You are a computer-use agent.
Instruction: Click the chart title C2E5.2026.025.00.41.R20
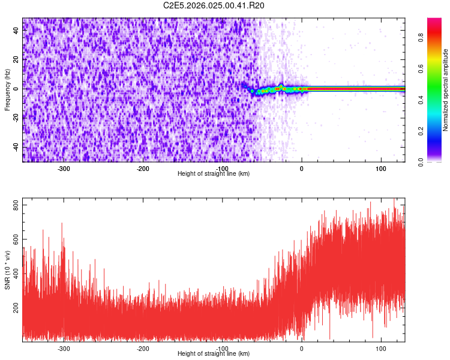(x=214, y=5)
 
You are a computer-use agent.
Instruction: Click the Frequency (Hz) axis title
(x=7, y=89)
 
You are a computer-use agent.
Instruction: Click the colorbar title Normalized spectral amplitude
(x=446, y=90)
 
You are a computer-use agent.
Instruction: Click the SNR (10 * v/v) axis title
(x=7, y=270)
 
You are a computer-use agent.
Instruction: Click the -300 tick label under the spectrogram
(x=64, y=169)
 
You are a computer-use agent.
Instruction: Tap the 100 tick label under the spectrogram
(x=380, y=169)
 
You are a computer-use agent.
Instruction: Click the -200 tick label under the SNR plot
(x=143, y=349)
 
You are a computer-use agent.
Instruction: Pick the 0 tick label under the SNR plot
(x=301, y=349)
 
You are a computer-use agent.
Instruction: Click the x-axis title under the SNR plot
(x=214, y=354)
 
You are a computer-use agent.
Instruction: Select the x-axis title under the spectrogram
(x=214, y=174)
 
